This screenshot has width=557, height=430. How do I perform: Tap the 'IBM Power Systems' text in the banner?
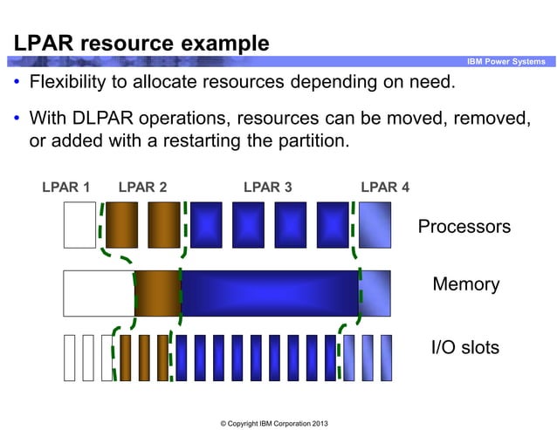505,61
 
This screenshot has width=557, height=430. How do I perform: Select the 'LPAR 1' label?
66,187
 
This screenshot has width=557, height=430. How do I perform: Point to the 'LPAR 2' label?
142,187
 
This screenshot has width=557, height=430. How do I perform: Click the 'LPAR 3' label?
267,187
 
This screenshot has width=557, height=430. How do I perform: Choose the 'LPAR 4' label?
385,187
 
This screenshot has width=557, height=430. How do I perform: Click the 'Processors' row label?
464,227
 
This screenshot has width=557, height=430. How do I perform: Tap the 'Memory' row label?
465,284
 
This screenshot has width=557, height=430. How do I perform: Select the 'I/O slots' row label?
465,348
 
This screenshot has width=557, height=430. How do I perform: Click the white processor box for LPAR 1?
79,225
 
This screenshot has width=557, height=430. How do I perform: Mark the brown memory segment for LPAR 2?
157,293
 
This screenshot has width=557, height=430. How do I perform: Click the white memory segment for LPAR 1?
99,293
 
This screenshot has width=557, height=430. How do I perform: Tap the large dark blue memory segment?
270,293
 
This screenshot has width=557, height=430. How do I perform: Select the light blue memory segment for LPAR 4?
375,293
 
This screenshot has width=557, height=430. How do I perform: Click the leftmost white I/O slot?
69,358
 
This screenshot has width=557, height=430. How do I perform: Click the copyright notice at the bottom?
274,422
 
